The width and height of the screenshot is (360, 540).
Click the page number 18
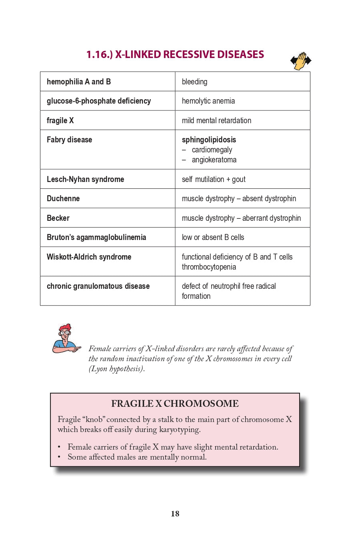tap(175, 514)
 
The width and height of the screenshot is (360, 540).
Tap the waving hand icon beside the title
tap(301, 61)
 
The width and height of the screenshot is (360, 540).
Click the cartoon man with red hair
tap(66, 339)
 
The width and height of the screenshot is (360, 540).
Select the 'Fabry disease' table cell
tap(70, 140)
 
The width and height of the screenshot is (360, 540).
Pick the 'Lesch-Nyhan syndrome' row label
tap(85, 179)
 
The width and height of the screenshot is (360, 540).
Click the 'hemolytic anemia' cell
tap(208, 101)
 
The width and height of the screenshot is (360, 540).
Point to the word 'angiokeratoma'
tap(214, 160)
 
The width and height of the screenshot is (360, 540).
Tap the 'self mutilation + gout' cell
tap(214, 179)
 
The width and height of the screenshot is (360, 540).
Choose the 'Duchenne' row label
tap(63, 199)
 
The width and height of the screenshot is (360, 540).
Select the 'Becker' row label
tap(58, 218)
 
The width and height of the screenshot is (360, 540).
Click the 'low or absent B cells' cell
tap(213, 238)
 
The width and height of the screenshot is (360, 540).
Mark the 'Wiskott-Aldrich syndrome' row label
tap(89, 257)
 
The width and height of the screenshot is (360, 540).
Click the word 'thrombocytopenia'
tap(209, 267)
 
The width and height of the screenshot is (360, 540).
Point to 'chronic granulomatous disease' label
tap(98, 286)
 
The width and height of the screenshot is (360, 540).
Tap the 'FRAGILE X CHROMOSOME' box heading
tap(175, 404)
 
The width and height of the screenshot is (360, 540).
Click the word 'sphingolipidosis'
tap(209, 140)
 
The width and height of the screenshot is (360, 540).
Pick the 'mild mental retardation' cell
tap(216, 121)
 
